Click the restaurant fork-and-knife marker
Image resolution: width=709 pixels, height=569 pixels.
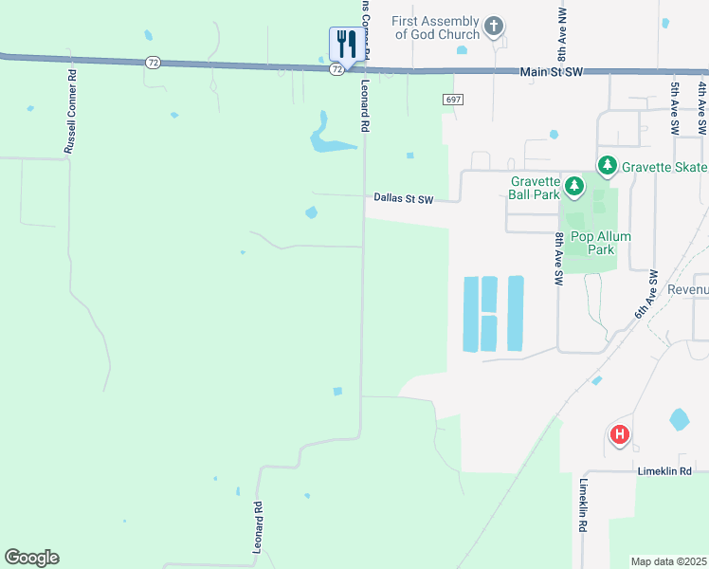(x=344, y=44)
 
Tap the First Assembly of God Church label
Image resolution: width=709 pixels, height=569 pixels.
(x=431, y=28)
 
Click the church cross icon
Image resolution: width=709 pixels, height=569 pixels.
(x=493, y=27)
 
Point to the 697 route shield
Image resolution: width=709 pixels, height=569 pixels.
(x=453, y=100)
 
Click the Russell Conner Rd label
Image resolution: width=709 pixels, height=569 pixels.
(x=70, y=111)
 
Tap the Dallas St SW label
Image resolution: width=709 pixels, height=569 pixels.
(x=403, y=199)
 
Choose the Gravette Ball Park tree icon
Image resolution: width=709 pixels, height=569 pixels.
(x=573, y=184)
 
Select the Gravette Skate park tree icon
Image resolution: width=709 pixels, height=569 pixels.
(x=607, y=167)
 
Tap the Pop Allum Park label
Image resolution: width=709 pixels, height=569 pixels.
(x=600, y=243)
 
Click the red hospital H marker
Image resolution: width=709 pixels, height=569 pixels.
(x=619, y=435)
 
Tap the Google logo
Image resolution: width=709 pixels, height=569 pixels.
(x=31, y=558)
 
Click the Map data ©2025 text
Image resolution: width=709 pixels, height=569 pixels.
(x=668, y=561)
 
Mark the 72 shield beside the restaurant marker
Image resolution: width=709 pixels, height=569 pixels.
(x=336, y=69)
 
